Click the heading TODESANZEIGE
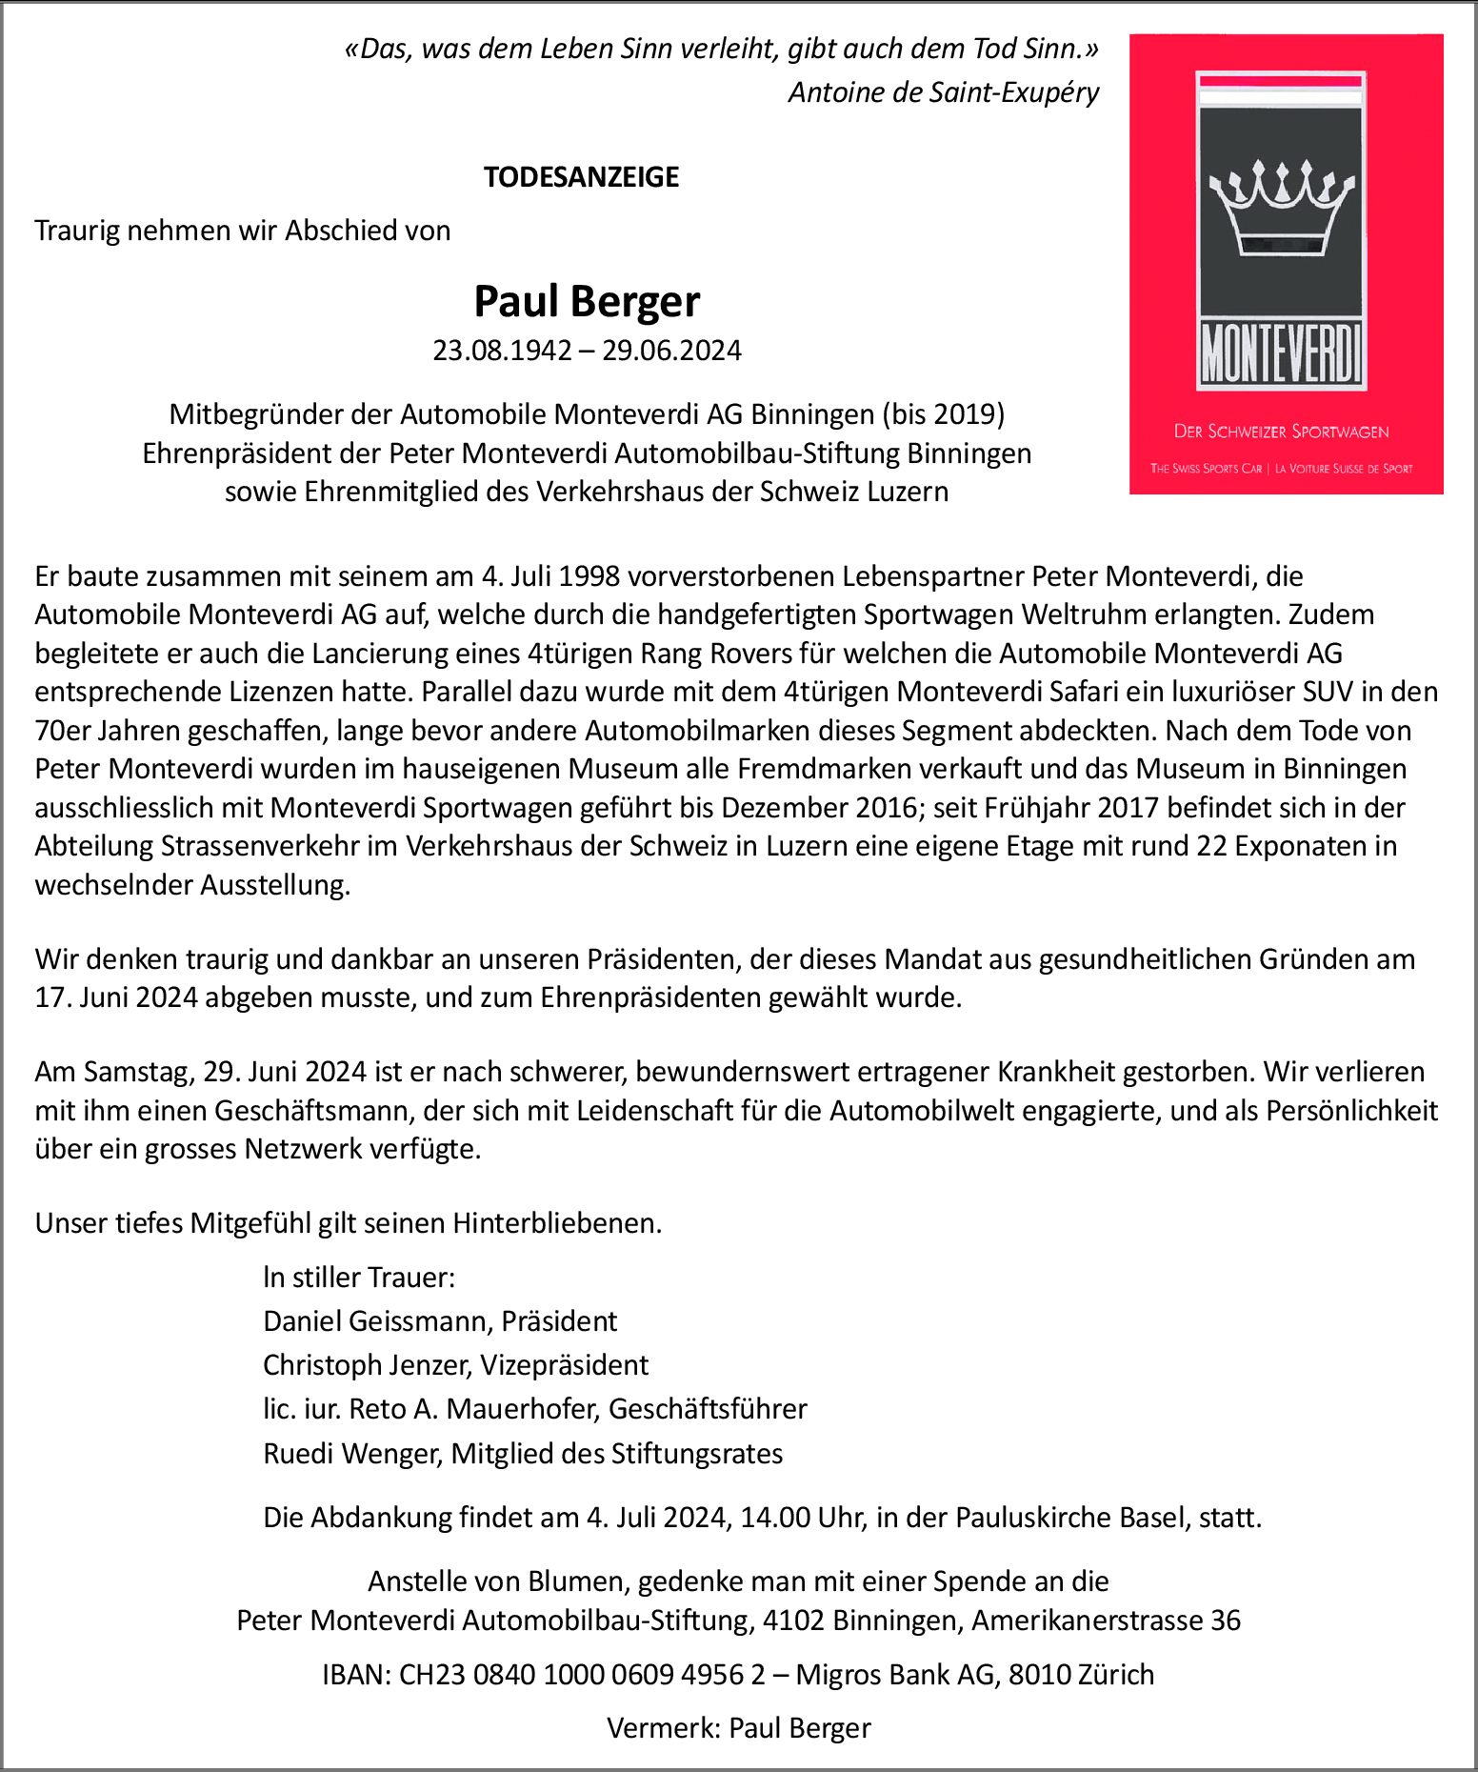pyautogui.click(x=581, y=177)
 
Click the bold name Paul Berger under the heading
pyautogui.click(x=587, y=302)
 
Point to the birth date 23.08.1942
pyautogui.click(x=502, y=351)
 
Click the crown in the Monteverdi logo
pyautogui.click(x=1281, y=209)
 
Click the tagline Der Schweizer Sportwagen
pyautogui.click(x=1281, y=432)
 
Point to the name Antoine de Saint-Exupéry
pyautogui.click(x=943, y=92)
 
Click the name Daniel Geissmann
pyautogui.click(x=377, y=1321)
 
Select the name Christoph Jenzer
pyautogui.click(x=367, y=1365)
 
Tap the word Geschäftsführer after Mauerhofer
pyautogui.click(x=708, y=1409)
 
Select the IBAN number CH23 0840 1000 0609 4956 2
pyautogui.click(x=582, y=1674)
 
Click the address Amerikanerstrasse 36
pyautogui.click(x=1106, y=1621)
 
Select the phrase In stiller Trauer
pyautogui.click(x=359, y=1278)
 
